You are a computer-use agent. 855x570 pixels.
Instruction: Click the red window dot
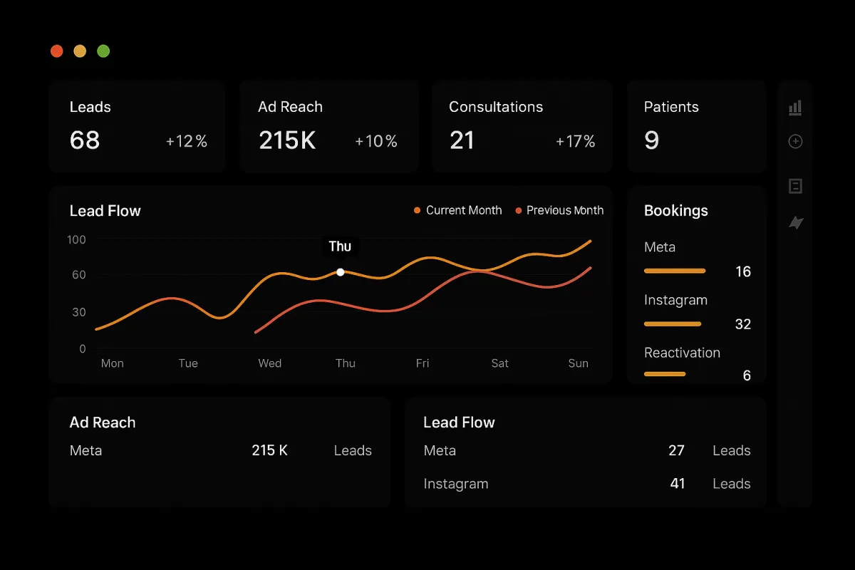(x=57, y=51)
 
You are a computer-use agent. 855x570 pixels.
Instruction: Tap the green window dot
(x=103, y=51)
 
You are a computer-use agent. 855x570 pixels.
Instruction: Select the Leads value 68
(x=85, y=140)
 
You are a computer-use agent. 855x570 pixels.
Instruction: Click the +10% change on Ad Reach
(x=376, y=142)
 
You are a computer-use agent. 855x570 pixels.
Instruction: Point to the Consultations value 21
(x=462, y=140)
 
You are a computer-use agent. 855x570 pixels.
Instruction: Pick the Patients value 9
(x=651, y=140)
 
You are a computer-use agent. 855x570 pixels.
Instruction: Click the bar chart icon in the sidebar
(x=795, y=108)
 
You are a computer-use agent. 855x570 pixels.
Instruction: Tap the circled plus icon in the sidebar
(x=795, y=142)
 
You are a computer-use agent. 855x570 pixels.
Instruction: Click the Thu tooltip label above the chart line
(x=340, y=247)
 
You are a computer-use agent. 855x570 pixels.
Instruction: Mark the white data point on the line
(x=341, y=272)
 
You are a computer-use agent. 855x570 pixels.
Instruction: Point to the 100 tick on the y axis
(x=76, y=239)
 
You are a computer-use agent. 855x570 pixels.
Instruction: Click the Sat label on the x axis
(x=499, y=363)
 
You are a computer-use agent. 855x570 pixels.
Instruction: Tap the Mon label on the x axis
(x=112, y=363)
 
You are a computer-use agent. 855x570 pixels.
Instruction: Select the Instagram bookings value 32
(x=742, y=324)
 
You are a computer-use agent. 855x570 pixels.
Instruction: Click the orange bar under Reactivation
(x=665, y=373)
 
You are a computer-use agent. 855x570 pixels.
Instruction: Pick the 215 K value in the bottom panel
(x=269, y=450)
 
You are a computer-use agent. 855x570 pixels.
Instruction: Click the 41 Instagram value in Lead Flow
(x=677, y=484)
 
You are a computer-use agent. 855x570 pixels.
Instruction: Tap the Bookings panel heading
(x=675, y=211)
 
